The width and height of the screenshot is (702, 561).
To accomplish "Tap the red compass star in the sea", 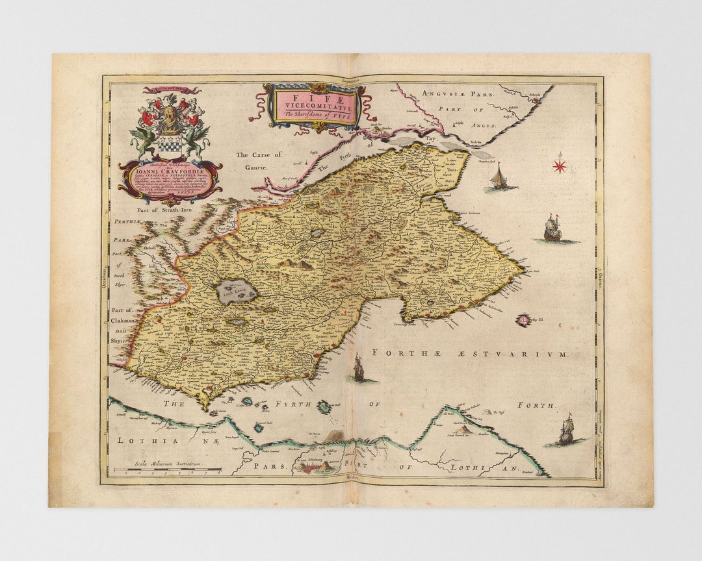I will (x=559, y=166).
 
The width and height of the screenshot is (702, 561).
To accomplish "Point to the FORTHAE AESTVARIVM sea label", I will (x=469, y=353).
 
